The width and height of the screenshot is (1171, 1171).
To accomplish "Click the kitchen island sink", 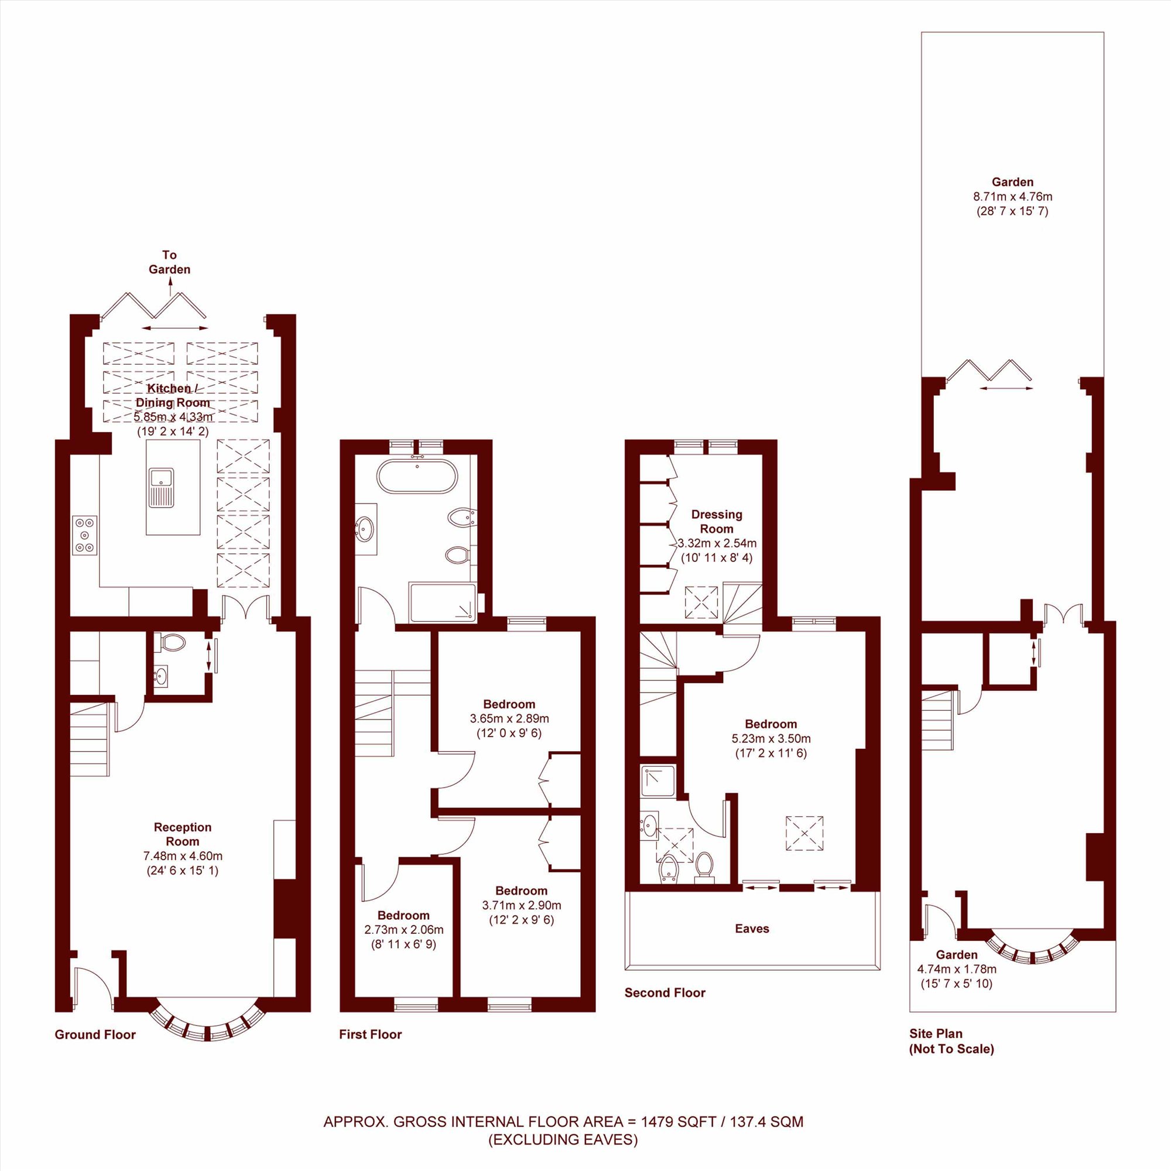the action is coord(161,487).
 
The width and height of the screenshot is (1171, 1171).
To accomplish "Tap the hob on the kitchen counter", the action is coord(85,535).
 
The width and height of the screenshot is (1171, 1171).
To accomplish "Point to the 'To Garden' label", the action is coord(170,262).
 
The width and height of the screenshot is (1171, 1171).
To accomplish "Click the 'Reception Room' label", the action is coord(183,834).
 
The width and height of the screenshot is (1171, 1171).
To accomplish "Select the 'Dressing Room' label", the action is coord(717,521).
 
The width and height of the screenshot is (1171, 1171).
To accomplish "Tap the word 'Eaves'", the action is coord(752,929).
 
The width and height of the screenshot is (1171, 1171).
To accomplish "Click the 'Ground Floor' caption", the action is coord(95,1035).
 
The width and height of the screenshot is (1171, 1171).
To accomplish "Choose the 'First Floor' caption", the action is coord(371,1035).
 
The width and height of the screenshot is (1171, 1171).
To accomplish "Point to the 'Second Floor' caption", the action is coord(665,993).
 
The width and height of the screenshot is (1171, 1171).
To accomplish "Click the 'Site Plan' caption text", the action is coord(936,1034).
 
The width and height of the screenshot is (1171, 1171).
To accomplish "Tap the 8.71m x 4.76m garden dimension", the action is coord(1013,196).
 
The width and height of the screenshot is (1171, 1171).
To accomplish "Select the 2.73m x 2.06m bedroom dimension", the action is coord(403,930).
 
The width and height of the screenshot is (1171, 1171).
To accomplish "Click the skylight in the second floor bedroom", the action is coord(805,833).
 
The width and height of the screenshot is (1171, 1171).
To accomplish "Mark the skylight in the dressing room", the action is coord(703,602).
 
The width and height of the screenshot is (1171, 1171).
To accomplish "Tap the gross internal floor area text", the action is coord(563,1122).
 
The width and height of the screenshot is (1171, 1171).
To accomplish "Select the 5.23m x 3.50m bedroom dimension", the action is coord(771,739).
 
